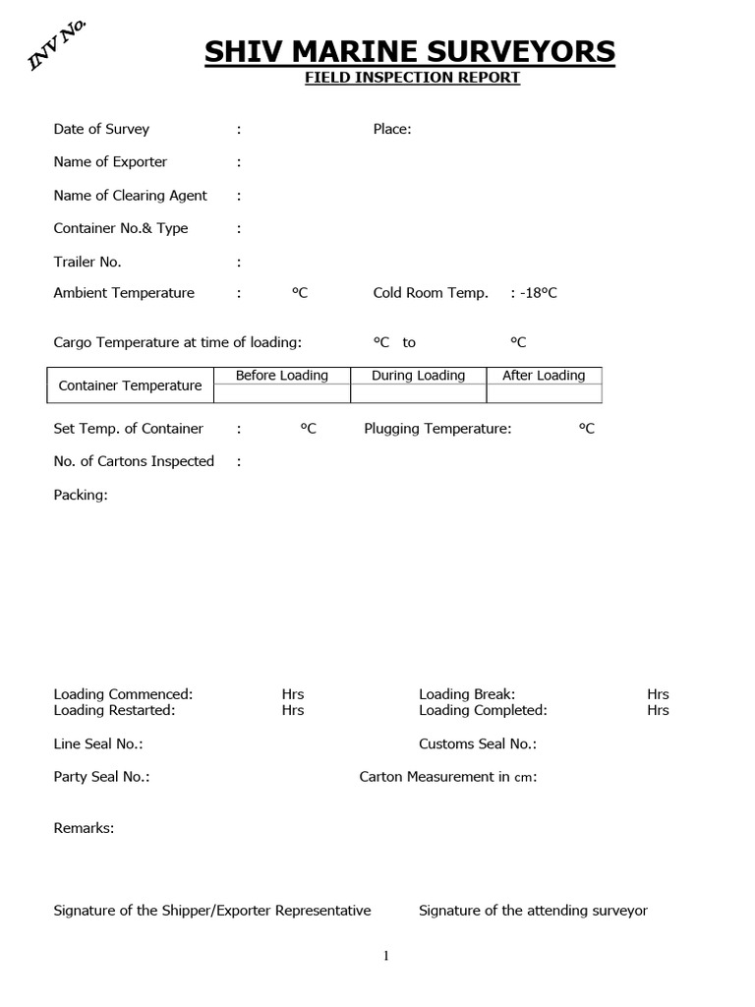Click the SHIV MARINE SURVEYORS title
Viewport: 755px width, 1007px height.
pyautogui.click(x=410, y=51)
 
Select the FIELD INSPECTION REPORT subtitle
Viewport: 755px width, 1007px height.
pyautogui.click(x=411, y=78)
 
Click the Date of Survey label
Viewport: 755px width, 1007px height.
pyautogui.click(x=101, y=129)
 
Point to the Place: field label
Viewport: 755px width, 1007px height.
pyautogui.click(x=392, y=129)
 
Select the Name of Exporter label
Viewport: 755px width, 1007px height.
pyautogui.click(x=110, y=161)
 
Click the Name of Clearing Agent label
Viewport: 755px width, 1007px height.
pyautogui.click(x=130, y=195)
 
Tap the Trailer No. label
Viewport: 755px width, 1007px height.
pyautogui.click(x=87, y=262)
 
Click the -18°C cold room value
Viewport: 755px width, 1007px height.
pyautogui.click(x=538, y=293)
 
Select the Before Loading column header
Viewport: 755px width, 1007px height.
pyautogui.click(x=282, y=376)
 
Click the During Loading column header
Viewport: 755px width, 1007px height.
pyautogui.click(x=418, y=376)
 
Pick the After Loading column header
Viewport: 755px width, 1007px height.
pyautogui.click(x=544, y=376)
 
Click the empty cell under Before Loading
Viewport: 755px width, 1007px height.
pyautogui.click(x=282, y=393)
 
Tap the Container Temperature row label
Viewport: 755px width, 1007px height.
pyautogui.click(x=130, y=385)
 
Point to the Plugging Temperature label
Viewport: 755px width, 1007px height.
pyautogui.click(x=437, y=429)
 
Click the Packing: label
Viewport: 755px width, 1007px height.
pyautogui.click(x=81, y=495)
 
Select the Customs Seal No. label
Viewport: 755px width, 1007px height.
pyautogui.click(x=478, y=744)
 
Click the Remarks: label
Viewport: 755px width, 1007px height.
pyautogui.click(x=84, y=828)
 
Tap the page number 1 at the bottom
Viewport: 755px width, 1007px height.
pyautogui.click(x=386, y=956)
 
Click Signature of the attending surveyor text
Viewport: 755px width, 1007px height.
pyautogui.click(x=533, y=911)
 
